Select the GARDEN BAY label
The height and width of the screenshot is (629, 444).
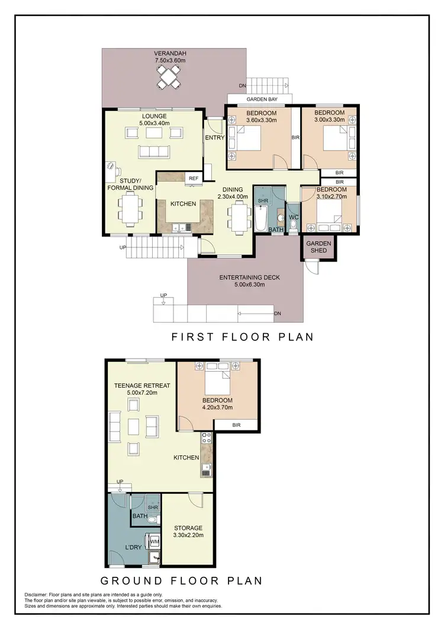259,99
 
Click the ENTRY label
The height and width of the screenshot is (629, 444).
214,138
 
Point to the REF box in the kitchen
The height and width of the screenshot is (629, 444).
193,178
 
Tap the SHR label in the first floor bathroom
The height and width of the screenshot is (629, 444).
263,200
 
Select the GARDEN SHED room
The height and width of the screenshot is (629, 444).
318,246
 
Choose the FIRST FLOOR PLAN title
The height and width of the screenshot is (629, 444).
242,337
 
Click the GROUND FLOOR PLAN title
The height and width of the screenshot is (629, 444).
181,580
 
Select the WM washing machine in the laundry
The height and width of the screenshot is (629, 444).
155,541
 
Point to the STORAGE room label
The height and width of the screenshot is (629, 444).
188,528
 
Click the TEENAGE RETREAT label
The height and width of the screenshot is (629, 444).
141,385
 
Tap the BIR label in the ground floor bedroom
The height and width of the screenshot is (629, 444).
236,424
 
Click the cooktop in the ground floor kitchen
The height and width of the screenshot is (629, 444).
207,439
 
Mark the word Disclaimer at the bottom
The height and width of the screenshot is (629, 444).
38,595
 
